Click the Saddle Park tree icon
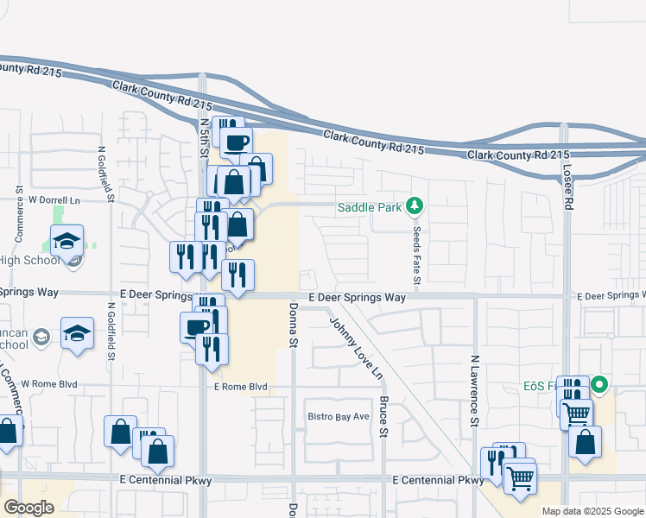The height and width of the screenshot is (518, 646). (415, 206)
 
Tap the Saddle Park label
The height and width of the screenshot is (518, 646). (370, 207)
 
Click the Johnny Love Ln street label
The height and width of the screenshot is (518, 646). (354, 347)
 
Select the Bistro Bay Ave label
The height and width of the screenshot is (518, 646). (339, 417)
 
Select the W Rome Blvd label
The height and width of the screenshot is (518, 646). (49, 383)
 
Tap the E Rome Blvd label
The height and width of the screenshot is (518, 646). (241, 387)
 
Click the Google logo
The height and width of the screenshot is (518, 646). (28, 508)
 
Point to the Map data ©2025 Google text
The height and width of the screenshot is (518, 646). (592, 511)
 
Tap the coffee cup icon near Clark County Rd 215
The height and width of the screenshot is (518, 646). (236, 141)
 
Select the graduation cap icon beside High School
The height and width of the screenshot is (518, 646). (66, 241)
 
